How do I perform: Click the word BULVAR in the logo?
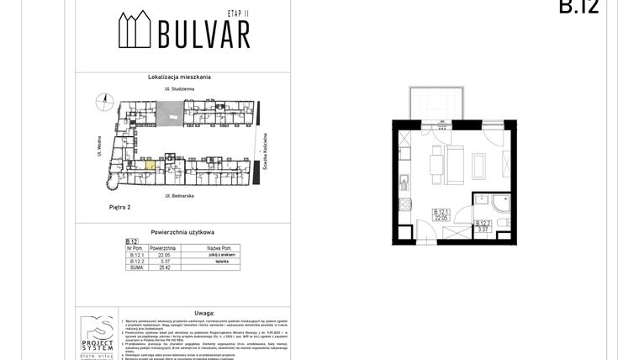tap(203, 34)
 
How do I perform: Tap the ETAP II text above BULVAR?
tap(240, 14)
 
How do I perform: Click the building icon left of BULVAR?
tap(133, 31)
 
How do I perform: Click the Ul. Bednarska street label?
tap(182, 195)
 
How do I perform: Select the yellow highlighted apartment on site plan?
tap(151, 165)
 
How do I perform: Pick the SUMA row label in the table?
tap(131, 270)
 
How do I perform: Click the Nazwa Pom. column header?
tap(206, 249)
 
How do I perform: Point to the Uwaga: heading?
tap(182, 310)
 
